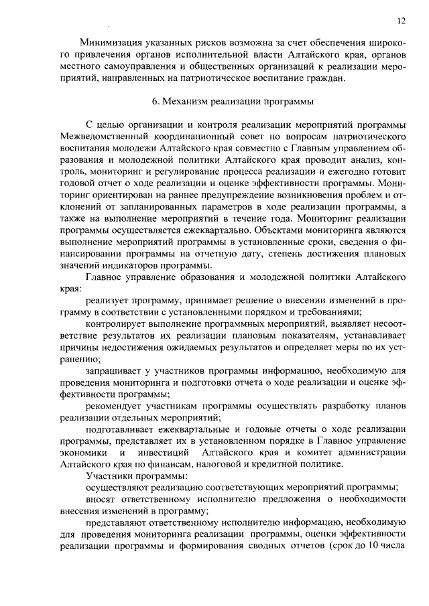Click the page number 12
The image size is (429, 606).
coord(401,21)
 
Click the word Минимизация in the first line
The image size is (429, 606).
coord(113,42)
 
